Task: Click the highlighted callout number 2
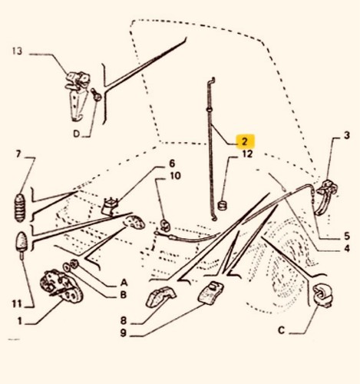click(245, 141)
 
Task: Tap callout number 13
click(17, 51)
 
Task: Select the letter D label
click(77, 134)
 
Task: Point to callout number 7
click(18, 154)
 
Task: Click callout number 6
click(172, 164)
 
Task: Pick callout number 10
click(175, 176)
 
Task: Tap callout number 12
click(247, 154)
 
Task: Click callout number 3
click(346, 135)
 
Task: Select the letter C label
click(281, 330)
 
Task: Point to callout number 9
click(124, 333)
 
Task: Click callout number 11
click(17, 304)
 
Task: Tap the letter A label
click(124, 283)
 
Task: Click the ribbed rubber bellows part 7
click(20, 207)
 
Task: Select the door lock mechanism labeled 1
click(61, 285)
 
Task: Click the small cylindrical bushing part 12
click(222, 205)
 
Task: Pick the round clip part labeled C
click(323, 294)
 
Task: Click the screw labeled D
click(96, 94)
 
